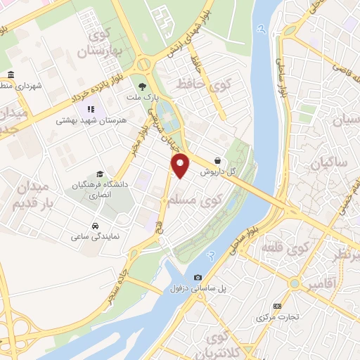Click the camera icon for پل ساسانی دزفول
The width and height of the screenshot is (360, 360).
[198, 277]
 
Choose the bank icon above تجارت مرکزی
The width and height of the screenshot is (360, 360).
[277, 306]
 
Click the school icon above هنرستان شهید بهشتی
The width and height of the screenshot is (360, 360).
[90, 109]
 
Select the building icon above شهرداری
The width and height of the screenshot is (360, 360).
[10, 75]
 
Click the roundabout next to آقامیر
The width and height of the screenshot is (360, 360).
[295, 283]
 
